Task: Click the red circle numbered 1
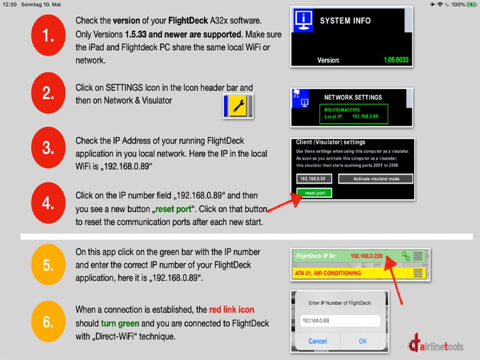tap(49, 37)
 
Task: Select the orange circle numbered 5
tap(49, 264)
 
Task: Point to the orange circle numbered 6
tap(49, 320)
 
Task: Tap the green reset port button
tap(315, 192)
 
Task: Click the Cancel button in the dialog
tap(317, 341)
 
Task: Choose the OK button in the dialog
tap(363, 341)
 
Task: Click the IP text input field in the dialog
tap(340, 321)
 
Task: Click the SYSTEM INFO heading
tap(345, 20)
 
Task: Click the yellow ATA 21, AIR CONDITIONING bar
tap(353, 274)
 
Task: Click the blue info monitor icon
tap(304, 19)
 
